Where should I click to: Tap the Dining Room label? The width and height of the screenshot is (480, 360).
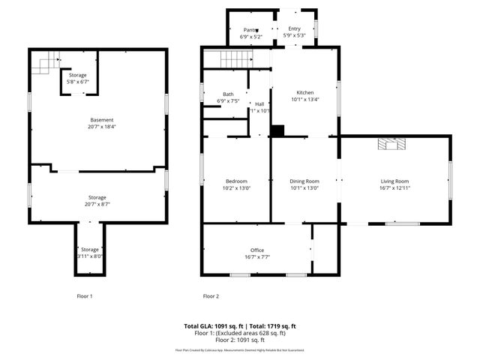(x=304, y=181)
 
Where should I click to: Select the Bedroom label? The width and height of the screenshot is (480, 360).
(x=236, y=181)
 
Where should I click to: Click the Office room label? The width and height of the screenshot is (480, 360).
(x=257, y=250)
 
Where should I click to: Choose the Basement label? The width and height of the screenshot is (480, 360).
(x=101, y=120)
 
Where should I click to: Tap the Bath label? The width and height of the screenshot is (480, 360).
(x=228, y=94)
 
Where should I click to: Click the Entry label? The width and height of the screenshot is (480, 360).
(x=294, y=28)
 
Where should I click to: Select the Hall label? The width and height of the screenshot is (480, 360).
(x=259, y=104)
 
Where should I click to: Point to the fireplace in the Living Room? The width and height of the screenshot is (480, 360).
(x=389, y=145)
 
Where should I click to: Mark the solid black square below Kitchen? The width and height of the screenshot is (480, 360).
(x=277, y=130)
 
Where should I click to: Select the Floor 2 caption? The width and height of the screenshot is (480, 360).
(x=211, y=296)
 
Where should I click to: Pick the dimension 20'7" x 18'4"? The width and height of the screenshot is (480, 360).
(x=101, y=127)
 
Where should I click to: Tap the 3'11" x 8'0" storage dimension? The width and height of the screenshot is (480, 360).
(x=90, y=256)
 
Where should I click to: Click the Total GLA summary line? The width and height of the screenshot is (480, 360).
(x=240, y=325)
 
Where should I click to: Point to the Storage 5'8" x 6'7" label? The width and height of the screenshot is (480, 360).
(x=78, y=78)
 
